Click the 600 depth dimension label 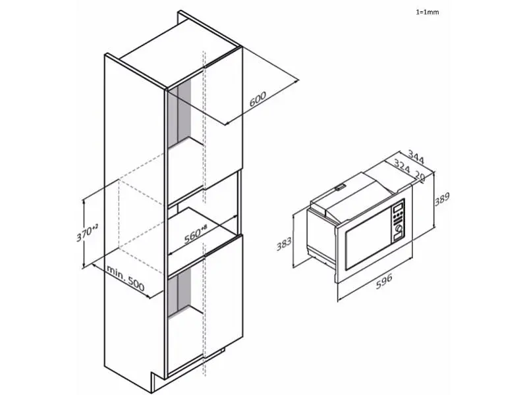[258, 99]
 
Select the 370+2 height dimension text [87, 232]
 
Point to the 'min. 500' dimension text [126, 278]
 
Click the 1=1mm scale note [427, 12]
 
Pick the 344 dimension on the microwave [416, 157]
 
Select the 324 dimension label [402, 167]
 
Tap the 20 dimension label [420, 176]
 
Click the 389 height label [442, 199]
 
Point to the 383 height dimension [284, 243]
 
